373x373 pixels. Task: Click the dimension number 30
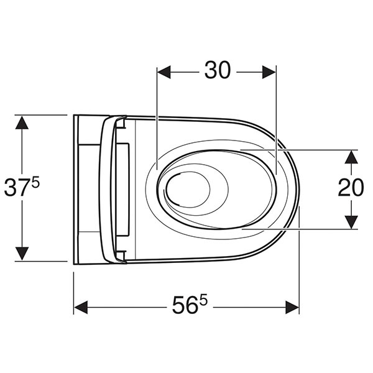point(218,70)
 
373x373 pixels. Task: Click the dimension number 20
point(351,188)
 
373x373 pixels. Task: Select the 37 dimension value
point(17,188)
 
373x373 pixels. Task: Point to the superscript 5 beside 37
point(35,183)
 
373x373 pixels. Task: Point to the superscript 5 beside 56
point(203,300)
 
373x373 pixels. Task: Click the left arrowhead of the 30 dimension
point(164,72)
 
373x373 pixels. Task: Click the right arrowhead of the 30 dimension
point(269,72)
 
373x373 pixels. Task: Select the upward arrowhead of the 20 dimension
point(351,157)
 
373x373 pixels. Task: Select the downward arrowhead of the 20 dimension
point(351,222)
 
